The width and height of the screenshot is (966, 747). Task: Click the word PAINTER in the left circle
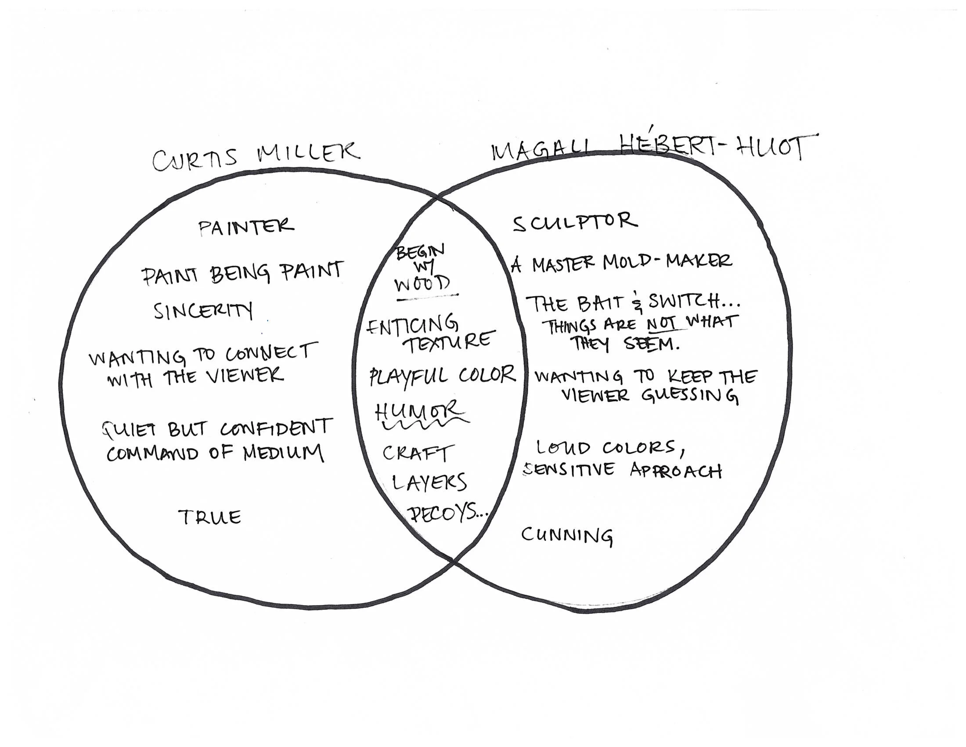(x=245, y=227)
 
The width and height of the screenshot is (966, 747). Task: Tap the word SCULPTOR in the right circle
(x=575, y=222)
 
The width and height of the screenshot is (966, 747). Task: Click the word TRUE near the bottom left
(x=209, y=517)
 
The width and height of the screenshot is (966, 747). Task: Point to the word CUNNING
(x=567, y=536)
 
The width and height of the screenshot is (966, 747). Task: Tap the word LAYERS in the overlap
(x=429, y=482)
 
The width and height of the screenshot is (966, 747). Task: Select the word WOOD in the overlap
(x=422, y=284)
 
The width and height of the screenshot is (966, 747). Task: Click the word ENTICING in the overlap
(x=412, y=325)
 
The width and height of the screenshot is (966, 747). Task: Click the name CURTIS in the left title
(x=195, y=160)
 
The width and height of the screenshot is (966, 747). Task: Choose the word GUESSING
(x=689, y=395)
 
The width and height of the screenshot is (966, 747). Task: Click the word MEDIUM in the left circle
(x=283, y=452)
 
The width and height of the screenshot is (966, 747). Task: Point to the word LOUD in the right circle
(x=562, y=447)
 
